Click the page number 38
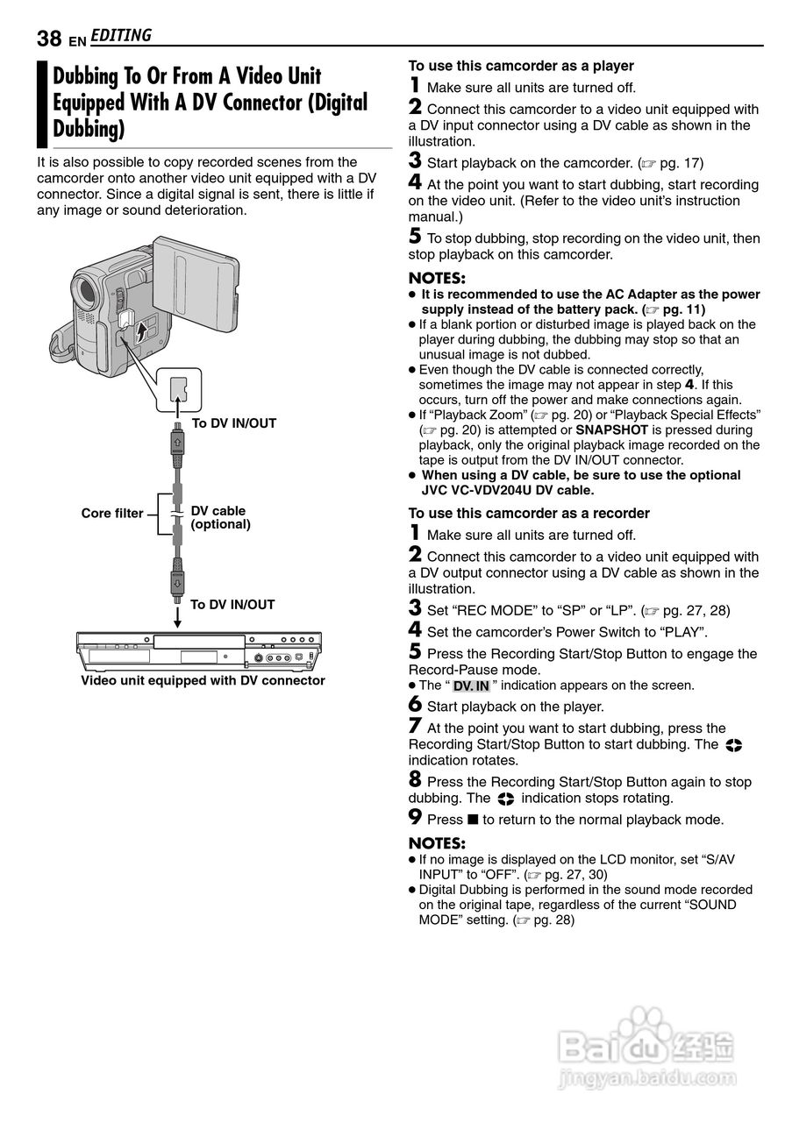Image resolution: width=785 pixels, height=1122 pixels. tap(49, 39)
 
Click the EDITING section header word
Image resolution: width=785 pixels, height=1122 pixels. tap(120, 36)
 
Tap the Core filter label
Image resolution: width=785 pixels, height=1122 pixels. tap(112, 514)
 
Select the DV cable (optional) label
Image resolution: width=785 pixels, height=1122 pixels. tap(221, 517)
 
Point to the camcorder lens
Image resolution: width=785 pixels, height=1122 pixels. tap(86, 292)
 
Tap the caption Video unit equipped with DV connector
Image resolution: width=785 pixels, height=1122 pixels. tap(203, 680)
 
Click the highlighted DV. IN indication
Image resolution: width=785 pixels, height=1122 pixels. tap(471, 685)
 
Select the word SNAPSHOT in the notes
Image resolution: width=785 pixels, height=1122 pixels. tap(611, 430)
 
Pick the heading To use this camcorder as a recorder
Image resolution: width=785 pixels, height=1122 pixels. tap(529, 513)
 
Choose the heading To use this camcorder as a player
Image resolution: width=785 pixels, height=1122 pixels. tap(521, 66)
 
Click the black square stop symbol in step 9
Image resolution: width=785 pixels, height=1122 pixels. tap(473, 820)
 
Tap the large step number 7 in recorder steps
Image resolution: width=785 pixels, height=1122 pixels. tap(416, 726)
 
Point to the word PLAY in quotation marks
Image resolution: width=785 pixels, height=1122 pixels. tap(685, 632)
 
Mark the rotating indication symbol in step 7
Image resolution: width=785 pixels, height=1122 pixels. tap(734, 745)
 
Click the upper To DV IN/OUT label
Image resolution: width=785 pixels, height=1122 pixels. tap(234, 423)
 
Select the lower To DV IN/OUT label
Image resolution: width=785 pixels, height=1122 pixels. tap(232, 605)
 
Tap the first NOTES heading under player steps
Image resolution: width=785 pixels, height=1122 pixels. tap(437, 278)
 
